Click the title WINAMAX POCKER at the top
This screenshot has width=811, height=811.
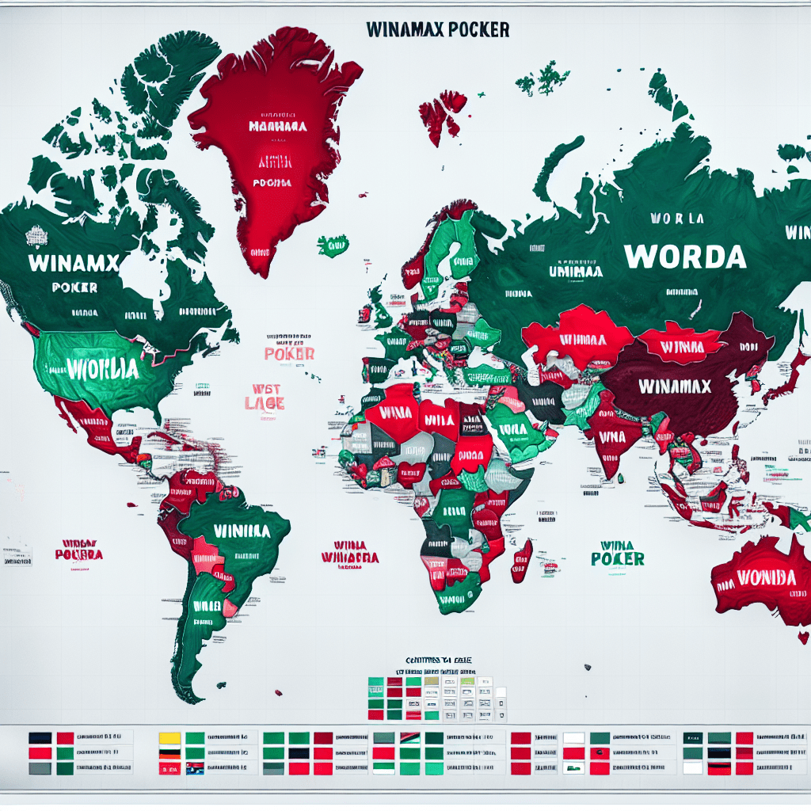pos(438,29)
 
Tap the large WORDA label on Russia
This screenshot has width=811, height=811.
pos(684,256)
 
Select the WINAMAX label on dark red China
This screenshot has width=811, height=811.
pos(676,387)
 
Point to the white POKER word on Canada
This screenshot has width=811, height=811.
pos(74,287)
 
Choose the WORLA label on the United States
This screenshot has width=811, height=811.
pos(102,369)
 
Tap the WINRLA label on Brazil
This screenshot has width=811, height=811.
pos(235,530)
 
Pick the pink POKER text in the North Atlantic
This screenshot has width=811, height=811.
pos(289,354)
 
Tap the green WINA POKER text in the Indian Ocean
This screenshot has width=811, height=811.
pos(617,552)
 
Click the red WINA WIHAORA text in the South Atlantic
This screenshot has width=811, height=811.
pos(349,552)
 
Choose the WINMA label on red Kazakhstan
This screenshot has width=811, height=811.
pos(588,339)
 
